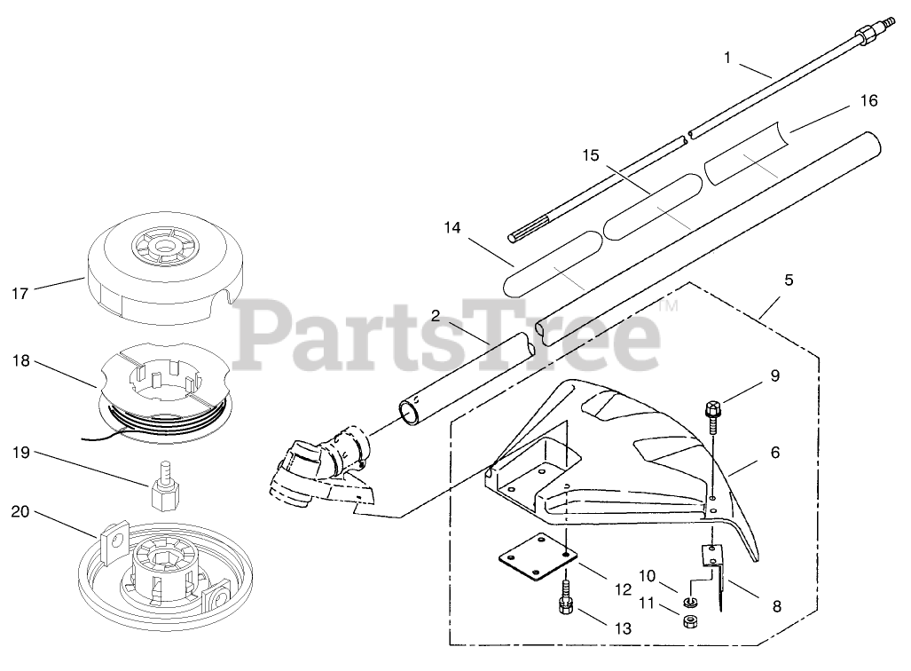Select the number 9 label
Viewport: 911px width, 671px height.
[x=774, y=376]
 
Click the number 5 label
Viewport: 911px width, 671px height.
[x=789, y=280]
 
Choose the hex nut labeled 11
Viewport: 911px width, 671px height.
[x=690, y=620]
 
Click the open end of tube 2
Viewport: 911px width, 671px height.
[x=410, y=414]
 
